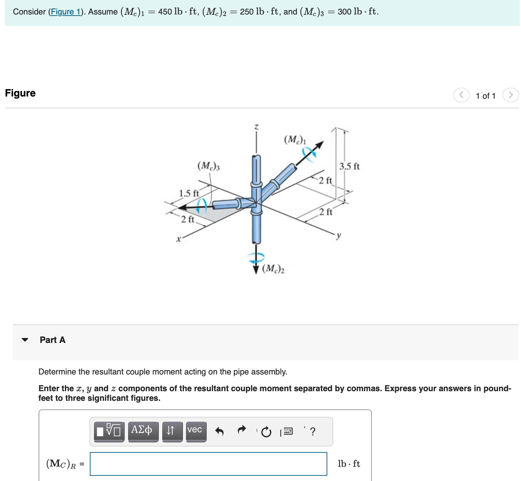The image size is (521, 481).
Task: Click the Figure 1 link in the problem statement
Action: [x=65, y=12]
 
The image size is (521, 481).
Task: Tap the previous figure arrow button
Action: [x=461, y=95]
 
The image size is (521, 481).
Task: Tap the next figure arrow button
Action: [x=511, y=95]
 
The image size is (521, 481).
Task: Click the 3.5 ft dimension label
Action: [x=349, y=166]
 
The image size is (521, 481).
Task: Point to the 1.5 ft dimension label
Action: [x=189, y=193]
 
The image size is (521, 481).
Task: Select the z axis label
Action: [x=256, y=127]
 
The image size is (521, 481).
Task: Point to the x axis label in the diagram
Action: [x=178, y=239]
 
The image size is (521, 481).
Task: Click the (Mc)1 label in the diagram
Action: [x=295, y=140]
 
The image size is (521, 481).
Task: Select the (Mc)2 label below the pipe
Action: [x=273, y=269]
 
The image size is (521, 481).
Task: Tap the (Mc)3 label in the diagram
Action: [x=209, y=166]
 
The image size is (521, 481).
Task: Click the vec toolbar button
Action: [x=194, y=431]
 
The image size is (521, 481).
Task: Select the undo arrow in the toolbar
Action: [x=219, y=431]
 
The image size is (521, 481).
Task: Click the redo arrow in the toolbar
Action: [x=242, y=431]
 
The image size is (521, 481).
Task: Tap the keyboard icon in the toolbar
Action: [x=288, y=431]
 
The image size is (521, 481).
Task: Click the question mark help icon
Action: [x=312, y=431]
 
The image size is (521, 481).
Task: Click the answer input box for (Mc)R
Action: [x=209, y=464]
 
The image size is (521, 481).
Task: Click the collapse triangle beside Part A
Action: [x=25, y=340]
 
